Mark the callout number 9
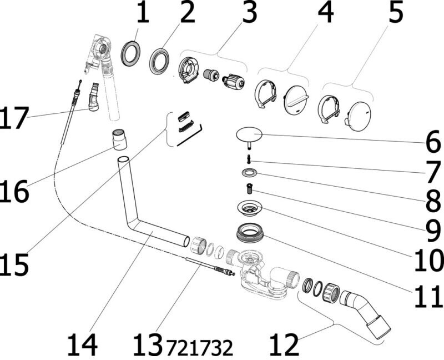[428, 225]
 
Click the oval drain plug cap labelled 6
[250, 134]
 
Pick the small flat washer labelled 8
[249, 173]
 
